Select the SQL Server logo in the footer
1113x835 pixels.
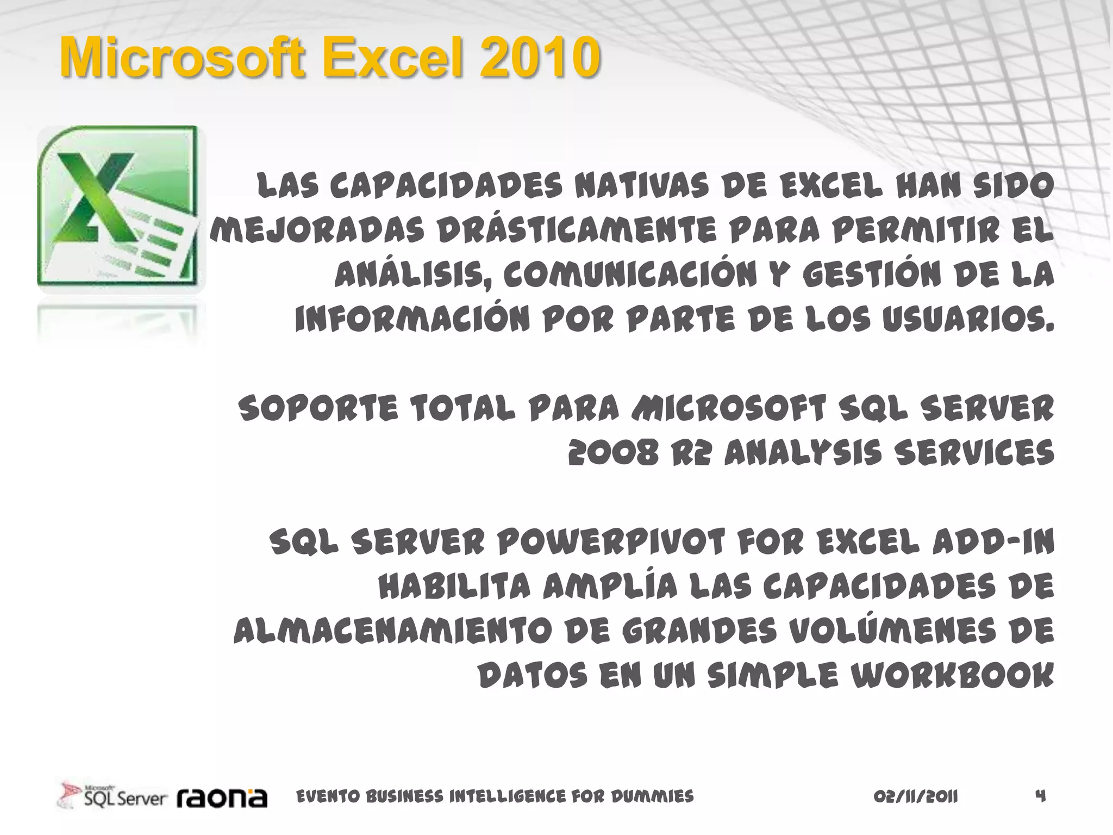pyautogui.click(x=113, y=797)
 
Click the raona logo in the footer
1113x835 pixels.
pyautogui.click(x=222, y=798)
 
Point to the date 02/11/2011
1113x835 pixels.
pyautogui.click(x=916, y=797)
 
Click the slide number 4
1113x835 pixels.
pyautogui.click(x=1040, y=796)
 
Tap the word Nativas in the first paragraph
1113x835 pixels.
pyautogui.click(x=642, y=186)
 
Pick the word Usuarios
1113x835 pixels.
pyautogui.click(x=968, y=319)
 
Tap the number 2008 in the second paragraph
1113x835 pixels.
pyautogui.click(x=613, y=453)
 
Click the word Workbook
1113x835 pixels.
pyautogui.click(x=952, y=676)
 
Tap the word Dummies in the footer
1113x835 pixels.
pyautogui.click(x=652, y=797)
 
